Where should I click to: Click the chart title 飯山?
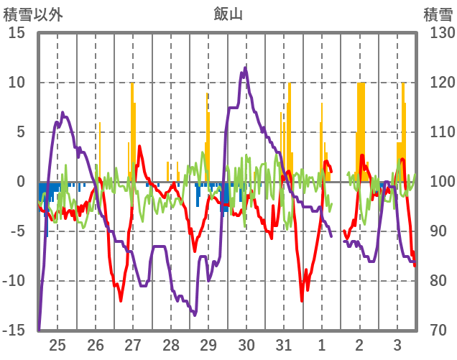(x=228, y=14)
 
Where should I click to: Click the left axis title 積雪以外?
(x=30, y=14)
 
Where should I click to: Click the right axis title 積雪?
(x=437, y=14)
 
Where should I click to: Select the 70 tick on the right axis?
(x=436, y=331)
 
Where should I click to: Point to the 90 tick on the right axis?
(x=436, y=231)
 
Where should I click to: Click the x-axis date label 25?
(x=57, y=343)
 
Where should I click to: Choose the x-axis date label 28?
(x=171, y=343)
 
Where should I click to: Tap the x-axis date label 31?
(x=284, y=343)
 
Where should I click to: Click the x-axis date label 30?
(x=246, y=343)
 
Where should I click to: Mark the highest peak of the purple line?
(x=246, y=68)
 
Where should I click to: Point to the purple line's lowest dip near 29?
(x=194, y=314)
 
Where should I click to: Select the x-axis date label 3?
(x=397, y=343)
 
